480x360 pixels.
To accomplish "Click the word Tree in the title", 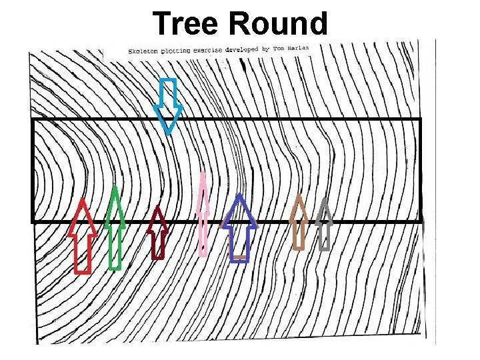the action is (187, 23).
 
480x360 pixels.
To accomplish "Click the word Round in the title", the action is (278, 23).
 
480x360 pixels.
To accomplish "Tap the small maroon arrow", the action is (157, 232).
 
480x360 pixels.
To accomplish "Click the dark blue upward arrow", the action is (239, 227).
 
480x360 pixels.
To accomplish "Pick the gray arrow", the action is (324, 224).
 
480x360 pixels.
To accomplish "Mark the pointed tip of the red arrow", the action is (83, 199).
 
